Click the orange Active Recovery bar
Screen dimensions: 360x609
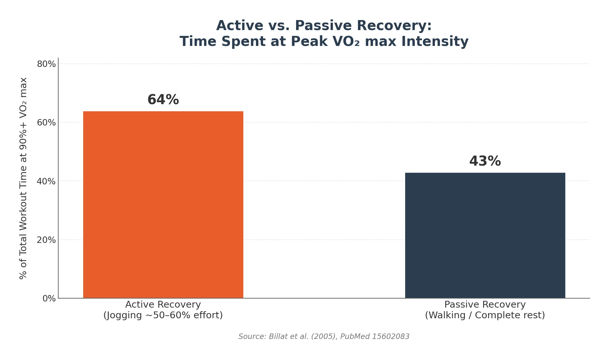(x=163, y=204)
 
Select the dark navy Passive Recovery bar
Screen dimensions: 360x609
(x=485, y=235)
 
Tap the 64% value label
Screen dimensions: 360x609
(x=163, y=100)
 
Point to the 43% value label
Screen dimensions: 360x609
(x=485, y=161)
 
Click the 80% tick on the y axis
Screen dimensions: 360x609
(x=46, y=64)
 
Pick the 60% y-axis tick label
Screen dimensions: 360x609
(x=46, y=123)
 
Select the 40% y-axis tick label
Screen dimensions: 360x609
(x=46, y=181)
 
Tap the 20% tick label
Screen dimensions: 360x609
(x=46, y=240)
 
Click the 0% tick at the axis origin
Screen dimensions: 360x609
(x=49, y=299)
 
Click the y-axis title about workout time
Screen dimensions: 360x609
(x=23, y=178)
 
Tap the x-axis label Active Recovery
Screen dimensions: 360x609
(x=163, y=305)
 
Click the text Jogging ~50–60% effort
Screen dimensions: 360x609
(x=163, y=315)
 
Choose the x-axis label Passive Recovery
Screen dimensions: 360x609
(x=485, y=305)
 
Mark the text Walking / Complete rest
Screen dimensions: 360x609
(x=485, y=315)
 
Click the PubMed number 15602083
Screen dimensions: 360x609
(x=391, y=337)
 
